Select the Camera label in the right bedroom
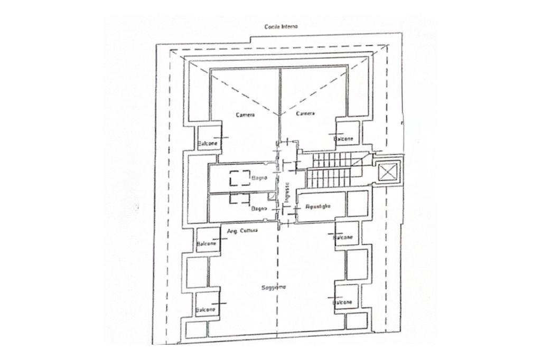(305, 113)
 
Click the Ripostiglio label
(318, 207)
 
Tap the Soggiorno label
(274, 287)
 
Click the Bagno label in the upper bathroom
(259, 178)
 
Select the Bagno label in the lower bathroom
(259, 209)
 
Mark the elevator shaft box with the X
(388, 172)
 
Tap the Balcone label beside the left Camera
(207, 144)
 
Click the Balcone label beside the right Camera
(344, 138)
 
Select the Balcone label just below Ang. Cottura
(206, 244)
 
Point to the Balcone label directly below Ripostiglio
(343, 238)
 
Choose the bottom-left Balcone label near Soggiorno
(206, 310)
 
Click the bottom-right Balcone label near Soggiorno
(342, 303)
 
